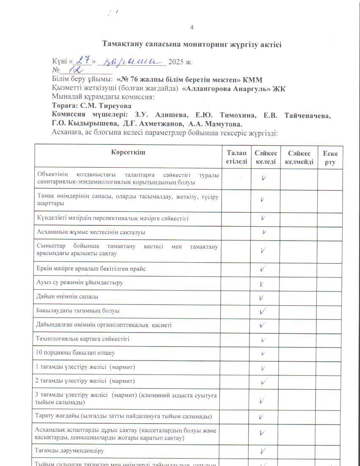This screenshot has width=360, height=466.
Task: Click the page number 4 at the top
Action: [x=192, y=28]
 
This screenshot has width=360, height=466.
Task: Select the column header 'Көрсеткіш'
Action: [x=128, y=152]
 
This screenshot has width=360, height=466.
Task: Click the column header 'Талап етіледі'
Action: [x=236, y=157]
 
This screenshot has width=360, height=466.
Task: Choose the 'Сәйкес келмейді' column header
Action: [x=299, y=157]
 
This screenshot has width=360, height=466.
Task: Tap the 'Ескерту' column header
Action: [x=330, y=157]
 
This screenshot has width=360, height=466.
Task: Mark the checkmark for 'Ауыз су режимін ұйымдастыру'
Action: [x=263, y=284]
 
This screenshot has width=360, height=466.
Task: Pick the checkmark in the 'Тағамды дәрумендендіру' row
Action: [x=263, y=450]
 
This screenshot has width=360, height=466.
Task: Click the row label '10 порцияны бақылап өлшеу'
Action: [x=76, y=352]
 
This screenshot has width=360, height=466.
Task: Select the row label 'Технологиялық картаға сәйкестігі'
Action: [x=83, y=339]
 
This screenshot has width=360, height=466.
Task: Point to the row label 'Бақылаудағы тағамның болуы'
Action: [x=78, y=311]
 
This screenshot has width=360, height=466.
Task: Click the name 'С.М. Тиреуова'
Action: [x=106, y=105]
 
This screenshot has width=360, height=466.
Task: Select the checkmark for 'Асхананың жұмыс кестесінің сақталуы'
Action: [x=264, y=232]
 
